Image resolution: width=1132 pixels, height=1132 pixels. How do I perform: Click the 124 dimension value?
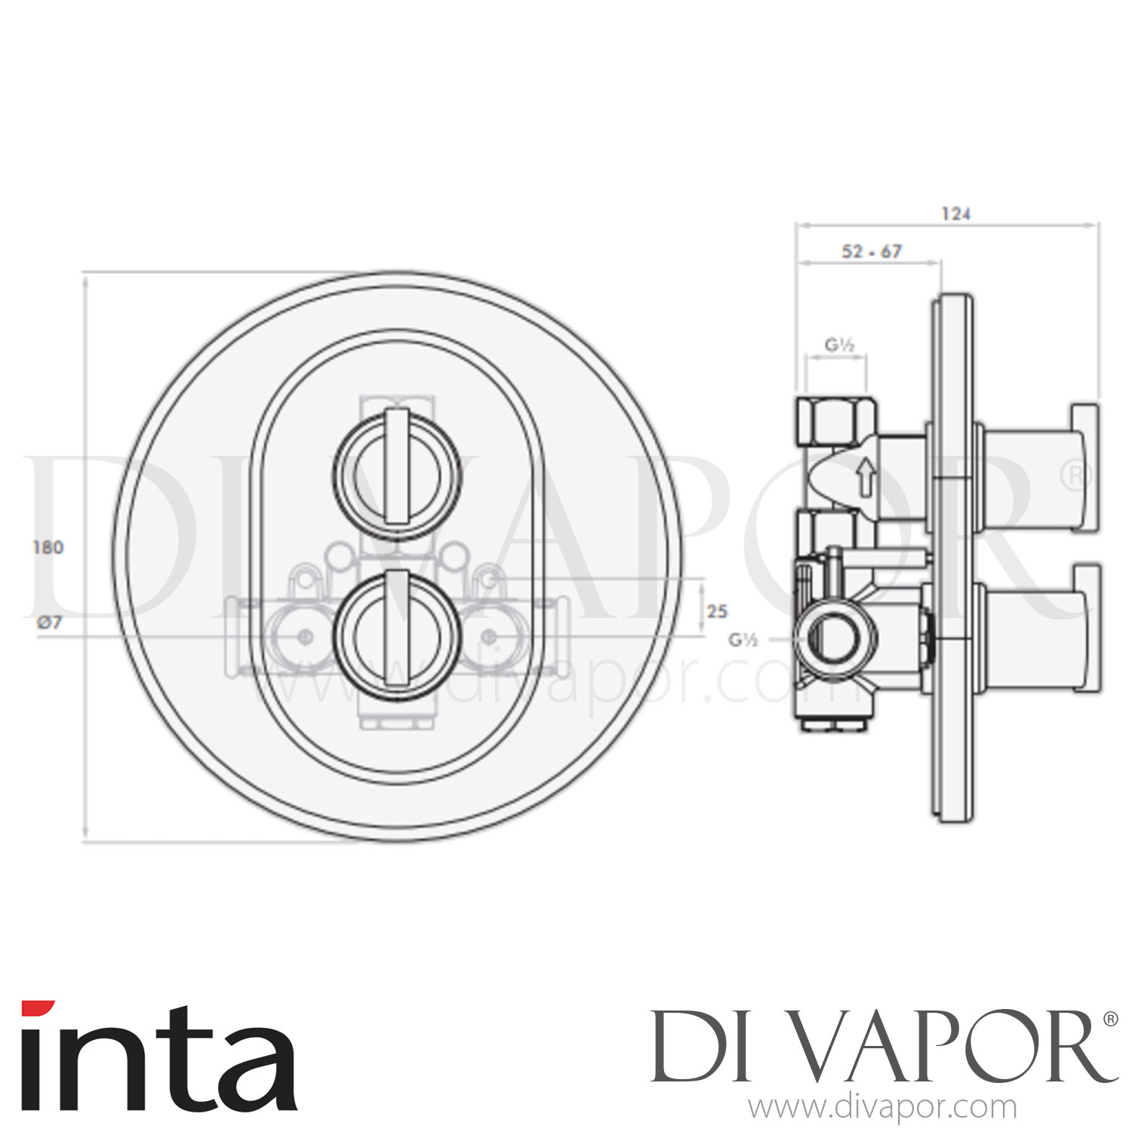(955, 214)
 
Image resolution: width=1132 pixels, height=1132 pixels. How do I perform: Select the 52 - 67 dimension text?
(871, 251)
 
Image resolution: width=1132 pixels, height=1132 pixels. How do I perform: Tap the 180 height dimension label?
(48, 547)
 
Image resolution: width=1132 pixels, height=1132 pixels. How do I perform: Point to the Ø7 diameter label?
(48, 623)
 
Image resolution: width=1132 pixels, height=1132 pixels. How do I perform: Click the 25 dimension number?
(717, 611)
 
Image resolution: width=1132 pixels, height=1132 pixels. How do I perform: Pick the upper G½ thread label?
(838, 346)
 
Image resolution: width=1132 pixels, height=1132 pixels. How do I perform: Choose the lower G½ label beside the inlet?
(743, 640)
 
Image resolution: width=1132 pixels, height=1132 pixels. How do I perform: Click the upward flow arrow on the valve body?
(865, 478)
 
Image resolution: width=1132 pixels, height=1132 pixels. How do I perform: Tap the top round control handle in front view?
(396, 476)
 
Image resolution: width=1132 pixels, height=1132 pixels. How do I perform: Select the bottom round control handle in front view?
(396, 629)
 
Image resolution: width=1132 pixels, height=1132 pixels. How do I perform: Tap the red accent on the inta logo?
(38, 1008)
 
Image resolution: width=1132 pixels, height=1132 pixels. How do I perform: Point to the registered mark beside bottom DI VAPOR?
(1109, 1019)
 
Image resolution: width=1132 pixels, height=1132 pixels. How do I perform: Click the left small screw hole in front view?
(306, 637)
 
